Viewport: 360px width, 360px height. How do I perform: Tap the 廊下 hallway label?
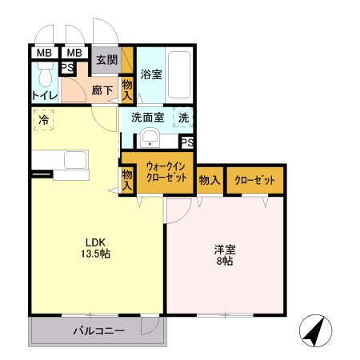(101, 90)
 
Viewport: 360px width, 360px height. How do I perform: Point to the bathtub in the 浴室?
(180, 75)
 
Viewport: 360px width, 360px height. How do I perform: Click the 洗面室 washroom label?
(148, 117)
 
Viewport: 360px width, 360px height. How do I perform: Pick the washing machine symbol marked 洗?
(184, 117)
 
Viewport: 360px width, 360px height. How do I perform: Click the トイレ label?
(43, 97)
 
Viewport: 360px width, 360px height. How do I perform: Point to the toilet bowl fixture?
(46, 76)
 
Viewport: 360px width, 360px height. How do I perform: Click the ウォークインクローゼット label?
(166, 173)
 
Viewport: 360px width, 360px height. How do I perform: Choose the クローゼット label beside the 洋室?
(254, 181)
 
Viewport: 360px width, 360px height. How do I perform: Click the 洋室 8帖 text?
(224, 254)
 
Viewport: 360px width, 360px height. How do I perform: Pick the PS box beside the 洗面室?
(186, 142)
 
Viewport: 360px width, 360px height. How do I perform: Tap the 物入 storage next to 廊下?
(126, 89)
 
